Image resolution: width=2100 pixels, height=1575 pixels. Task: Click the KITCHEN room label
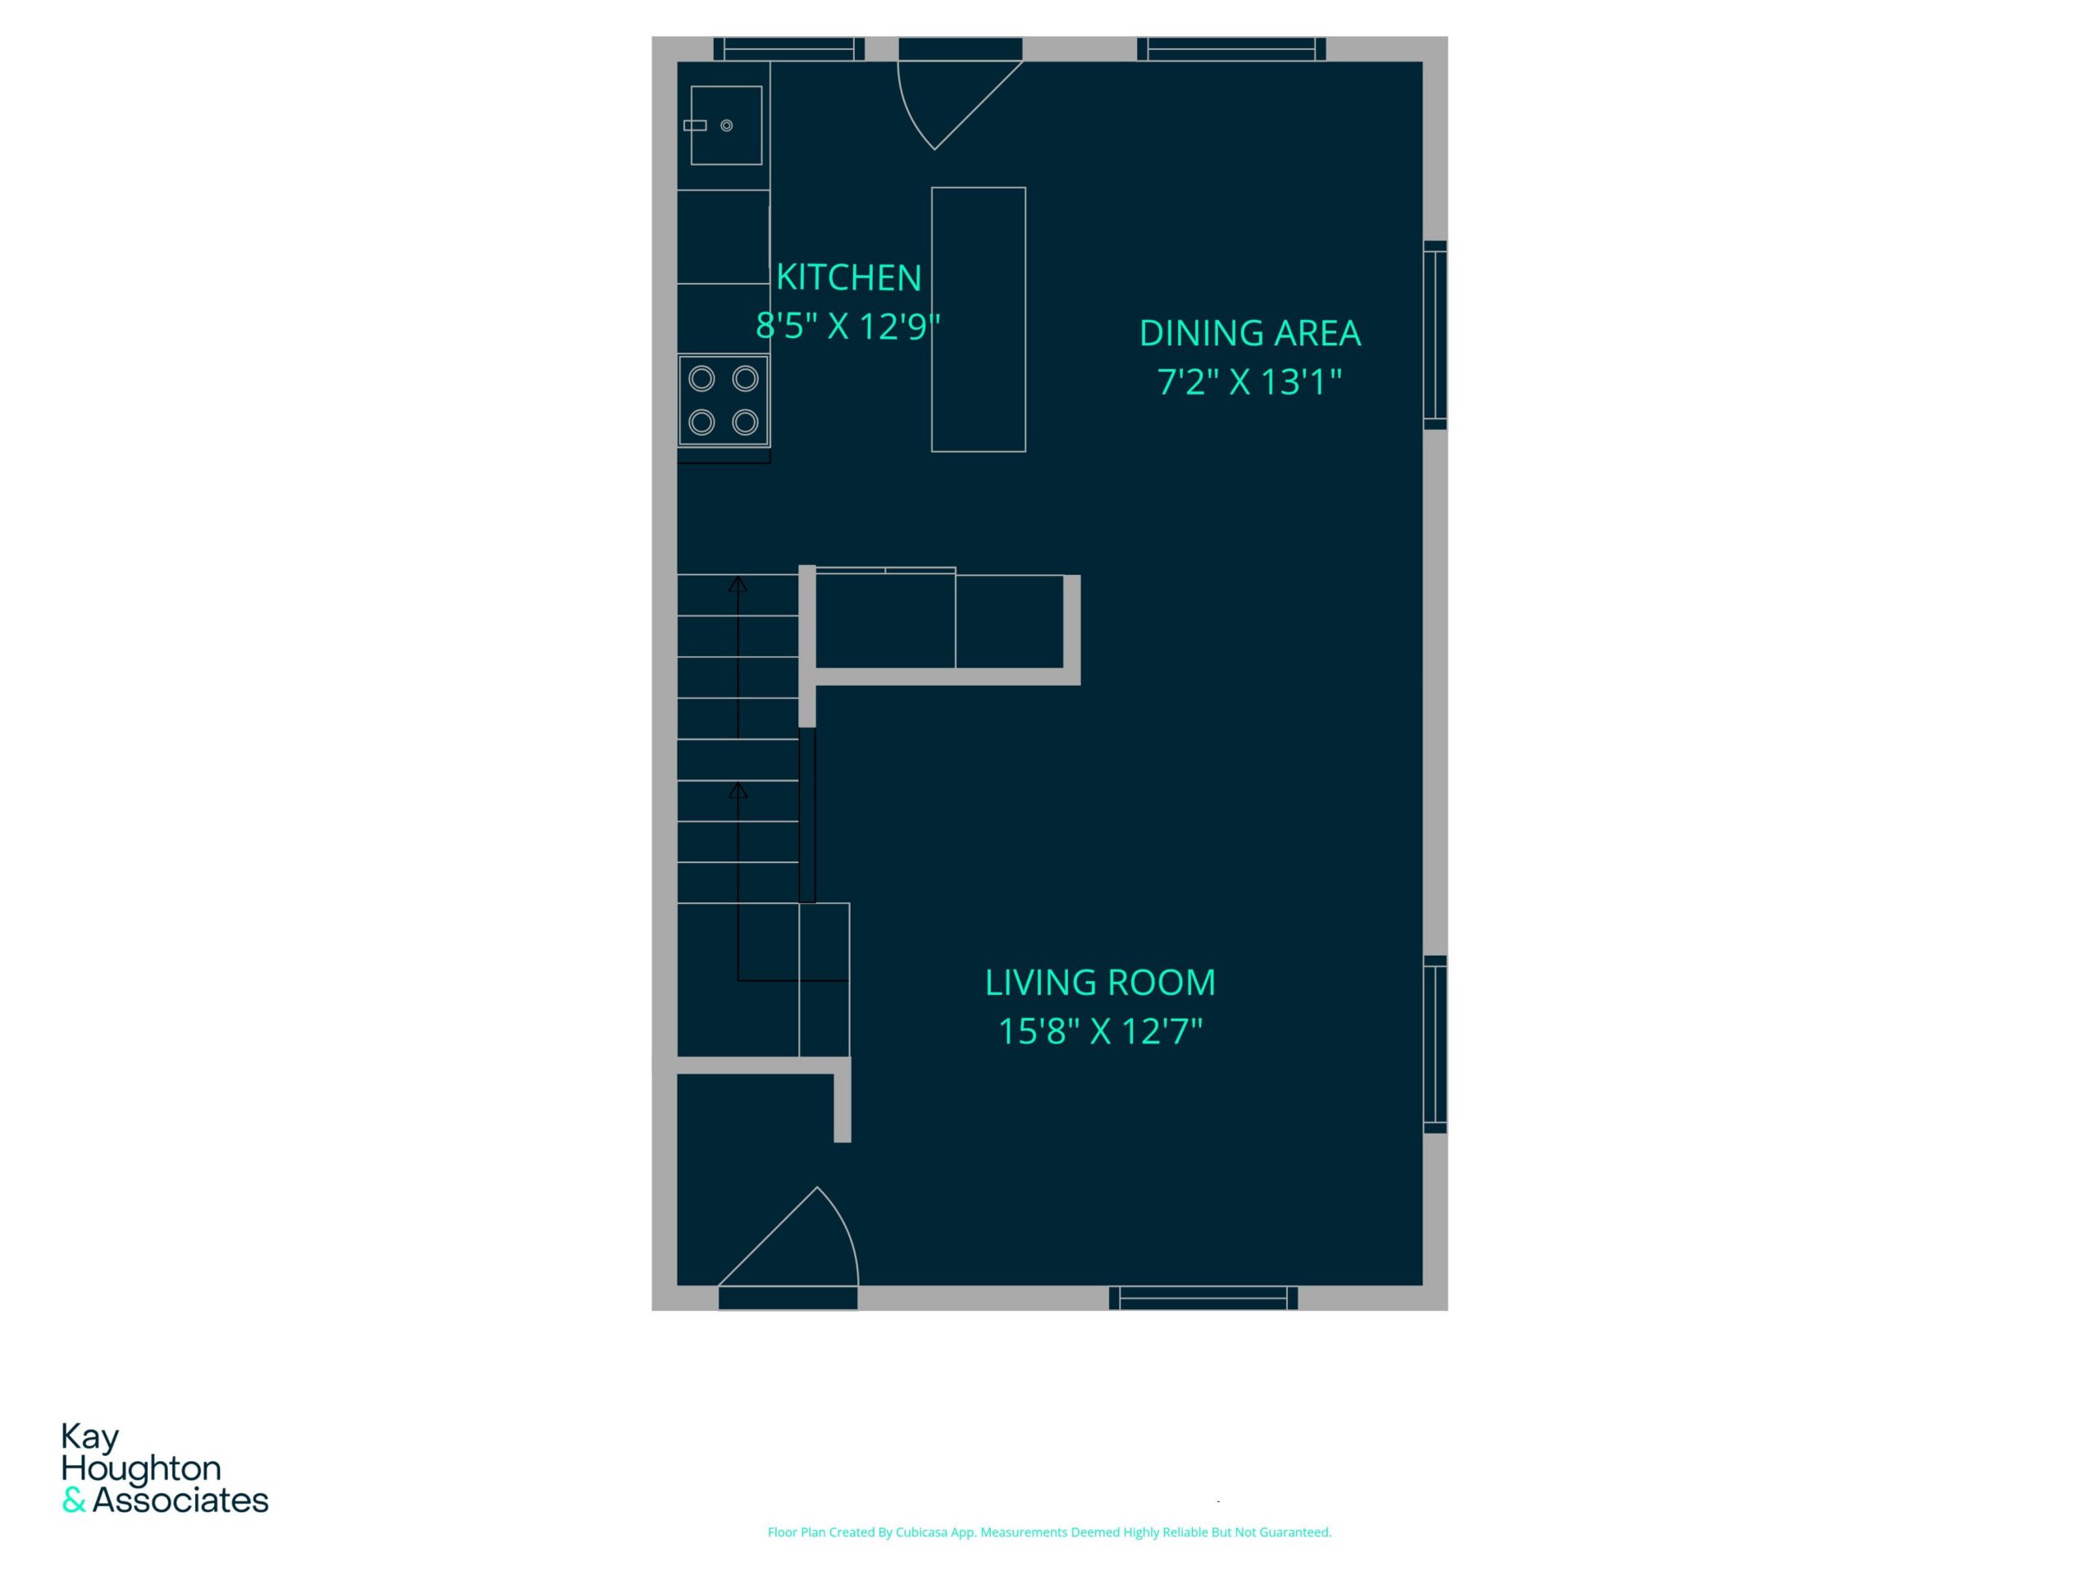click(x=849, y=277)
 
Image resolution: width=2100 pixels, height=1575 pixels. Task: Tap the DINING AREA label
click(x=1249, y=333)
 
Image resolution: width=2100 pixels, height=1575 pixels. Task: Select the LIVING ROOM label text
click(x=1100, y=983)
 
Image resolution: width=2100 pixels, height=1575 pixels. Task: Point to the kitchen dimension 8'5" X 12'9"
click(x=847, y=326)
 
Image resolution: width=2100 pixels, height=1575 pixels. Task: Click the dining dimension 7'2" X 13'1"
click(x=1249, y=381)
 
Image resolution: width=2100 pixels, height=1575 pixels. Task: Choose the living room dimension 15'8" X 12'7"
click(x=1100, y=1031)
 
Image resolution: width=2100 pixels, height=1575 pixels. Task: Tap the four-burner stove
click(x=724, y=400)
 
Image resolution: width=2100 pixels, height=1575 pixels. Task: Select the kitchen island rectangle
click(x=978, y=319)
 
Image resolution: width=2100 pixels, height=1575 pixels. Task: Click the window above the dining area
click(x=1231, y=49)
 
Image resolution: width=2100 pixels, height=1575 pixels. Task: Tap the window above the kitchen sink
click(x=789, y=49)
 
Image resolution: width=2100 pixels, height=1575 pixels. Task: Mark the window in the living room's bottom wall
click(x=1203, y=1298)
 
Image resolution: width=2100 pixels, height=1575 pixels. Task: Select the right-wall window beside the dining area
click(x=1435, y=336)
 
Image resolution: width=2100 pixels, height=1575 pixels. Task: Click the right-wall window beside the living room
click(x=1435, y=1044)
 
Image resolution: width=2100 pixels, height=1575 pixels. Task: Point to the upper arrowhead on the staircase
click(x=737, y=585)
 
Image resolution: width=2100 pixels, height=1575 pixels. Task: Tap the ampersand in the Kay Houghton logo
click(x=74, y=1501)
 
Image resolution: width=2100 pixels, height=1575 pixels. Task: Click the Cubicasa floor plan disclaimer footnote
click(x=1049, y=1532)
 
